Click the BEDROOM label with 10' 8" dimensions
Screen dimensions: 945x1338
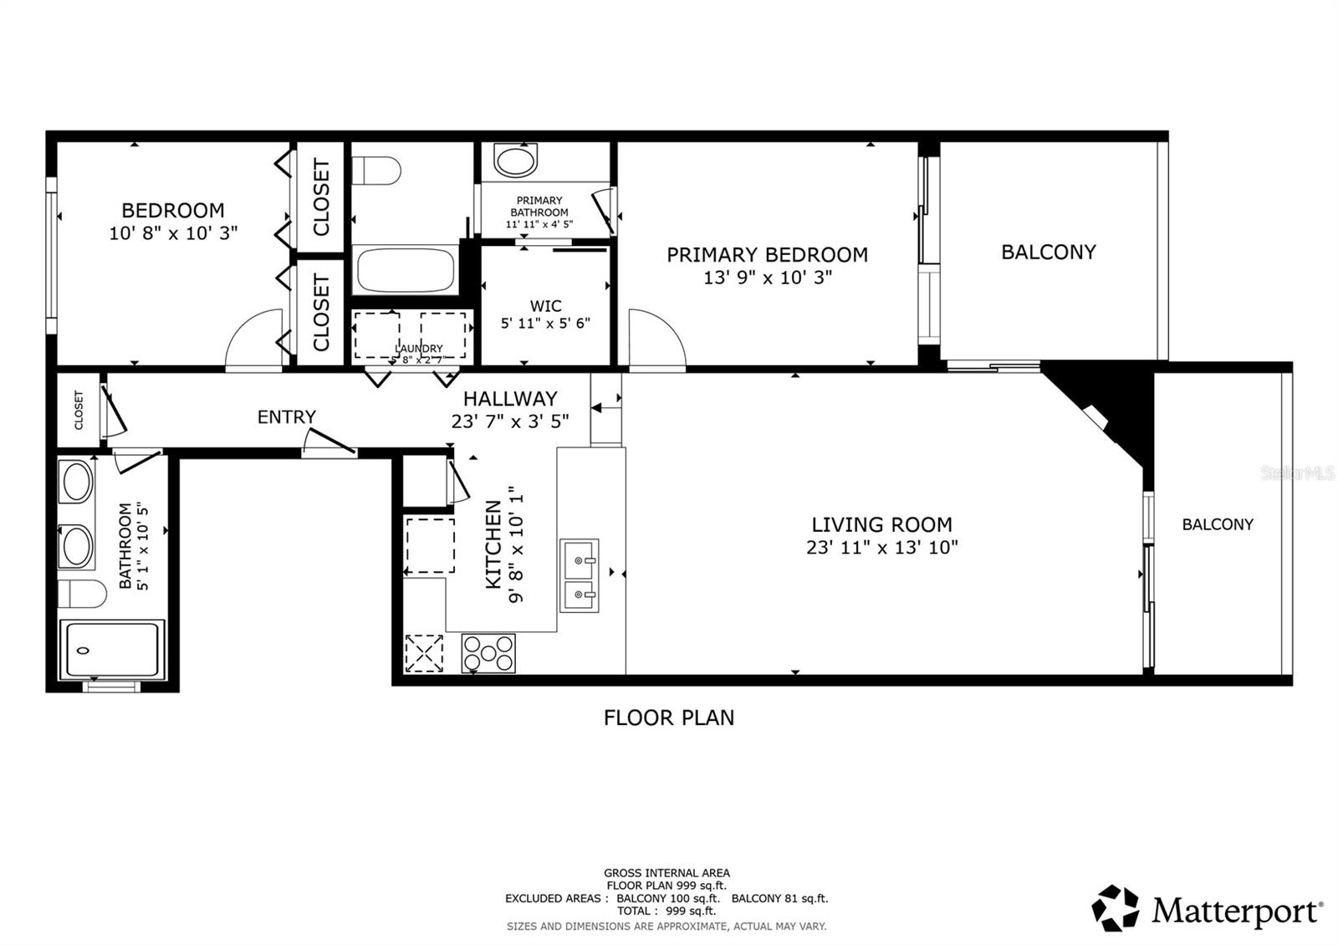tap(173, 211)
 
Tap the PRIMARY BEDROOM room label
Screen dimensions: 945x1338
tap(767, 255)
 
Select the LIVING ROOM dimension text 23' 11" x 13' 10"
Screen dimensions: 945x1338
tap(881, 548)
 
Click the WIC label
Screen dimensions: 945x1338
tap(545, 306)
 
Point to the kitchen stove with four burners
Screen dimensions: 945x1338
tap(488, 654)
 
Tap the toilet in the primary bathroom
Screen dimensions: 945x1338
tap(515, 161)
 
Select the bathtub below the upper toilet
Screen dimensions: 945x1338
tap(405, 269)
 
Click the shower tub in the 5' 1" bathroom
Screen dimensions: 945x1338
tap(111, 650)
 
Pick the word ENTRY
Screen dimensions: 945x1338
tap(286, 417)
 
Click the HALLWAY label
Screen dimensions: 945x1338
tap(510, 399)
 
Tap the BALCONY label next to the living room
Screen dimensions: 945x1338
tap(1217, 524)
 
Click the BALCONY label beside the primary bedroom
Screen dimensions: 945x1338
tap(1048, 253)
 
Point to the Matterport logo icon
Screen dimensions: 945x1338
tap(1116, 908)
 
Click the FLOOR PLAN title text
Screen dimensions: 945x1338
tap(668, 718)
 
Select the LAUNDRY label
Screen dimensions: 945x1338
tap(419, 349)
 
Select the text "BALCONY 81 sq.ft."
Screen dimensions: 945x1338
tap(779, 898)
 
